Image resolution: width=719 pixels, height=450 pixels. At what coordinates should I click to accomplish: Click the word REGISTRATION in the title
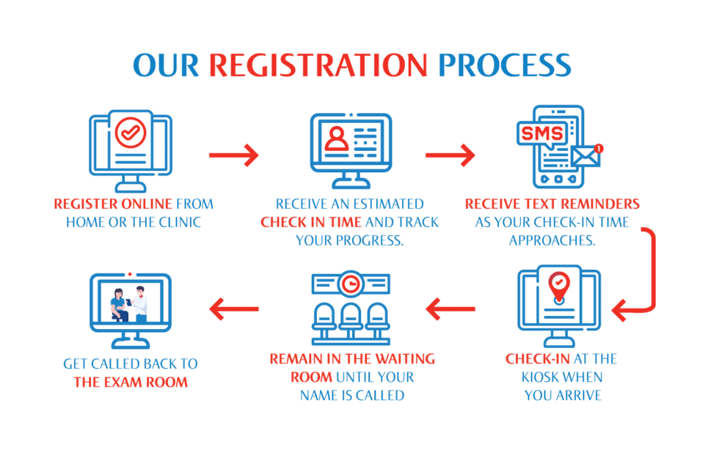tap(318, 66)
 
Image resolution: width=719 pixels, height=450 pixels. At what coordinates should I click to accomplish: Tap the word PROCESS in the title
tap(504, 66)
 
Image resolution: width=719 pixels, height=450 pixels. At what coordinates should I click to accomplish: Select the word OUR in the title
tap(166, 66)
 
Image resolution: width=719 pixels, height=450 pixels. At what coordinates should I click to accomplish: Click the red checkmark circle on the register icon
tap(131, 133)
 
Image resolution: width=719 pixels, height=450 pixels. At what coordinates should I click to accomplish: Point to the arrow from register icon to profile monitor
tap(234, 155)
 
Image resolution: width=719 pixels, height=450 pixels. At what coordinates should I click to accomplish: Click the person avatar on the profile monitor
tap(336, 138)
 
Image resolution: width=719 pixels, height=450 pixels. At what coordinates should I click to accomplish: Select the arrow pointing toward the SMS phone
tap(450, 155)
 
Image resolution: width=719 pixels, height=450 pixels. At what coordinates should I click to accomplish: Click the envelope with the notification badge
tap(586, 155)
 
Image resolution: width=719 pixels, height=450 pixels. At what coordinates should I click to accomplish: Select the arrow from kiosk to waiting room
tap(450, 309)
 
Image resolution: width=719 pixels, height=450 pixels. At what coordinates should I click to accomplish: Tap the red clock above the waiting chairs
tap(351, 283)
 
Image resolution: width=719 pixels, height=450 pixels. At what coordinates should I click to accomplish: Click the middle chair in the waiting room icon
tap(351, 318)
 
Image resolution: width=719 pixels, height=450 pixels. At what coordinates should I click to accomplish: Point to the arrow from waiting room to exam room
tap(234, 309)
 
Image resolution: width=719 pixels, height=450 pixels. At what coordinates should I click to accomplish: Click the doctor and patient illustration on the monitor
tap(130, 303)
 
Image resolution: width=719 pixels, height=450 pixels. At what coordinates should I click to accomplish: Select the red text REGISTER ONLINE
tap(113, 204)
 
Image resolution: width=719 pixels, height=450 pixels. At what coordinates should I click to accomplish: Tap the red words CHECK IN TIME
tap(311, 221)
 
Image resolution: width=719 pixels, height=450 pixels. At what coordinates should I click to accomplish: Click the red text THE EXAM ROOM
tap(130, 382)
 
